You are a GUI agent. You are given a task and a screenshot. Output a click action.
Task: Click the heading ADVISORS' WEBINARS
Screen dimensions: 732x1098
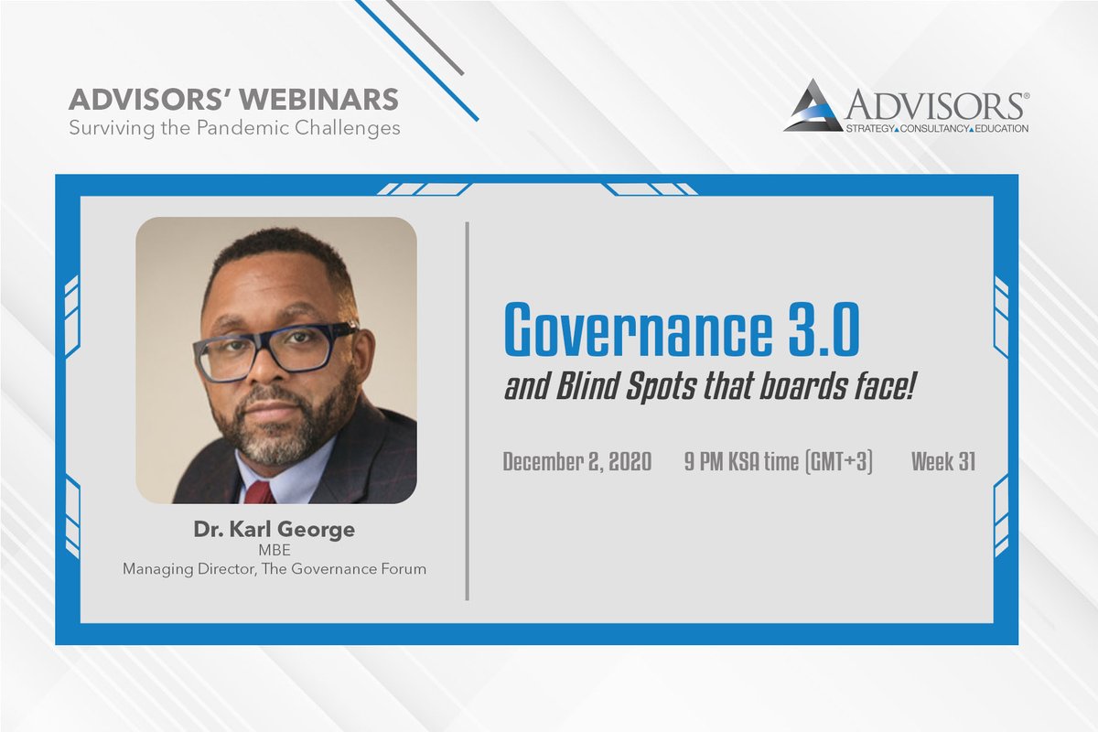(233, 99)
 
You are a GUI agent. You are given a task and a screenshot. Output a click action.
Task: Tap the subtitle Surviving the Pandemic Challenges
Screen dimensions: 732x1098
(234, 127)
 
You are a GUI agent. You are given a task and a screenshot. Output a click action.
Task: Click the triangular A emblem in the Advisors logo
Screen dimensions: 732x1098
(813, 105)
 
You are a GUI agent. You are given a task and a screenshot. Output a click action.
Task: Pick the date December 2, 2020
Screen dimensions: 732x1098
(576, 462)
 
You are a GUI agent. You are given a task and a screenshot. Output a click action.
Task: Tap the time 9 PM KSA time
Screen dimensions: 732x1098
(741, 462)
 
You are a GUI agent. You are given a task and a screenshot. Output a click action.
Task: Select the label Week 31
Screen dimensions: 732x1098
(942, 462)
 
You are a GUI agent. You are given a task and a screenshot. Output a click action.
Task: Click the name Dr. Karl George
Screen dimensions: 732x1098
(274, 530)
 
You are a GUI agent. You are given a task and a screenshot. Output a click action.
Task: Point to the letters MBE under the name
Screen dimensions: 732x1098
(274, 550)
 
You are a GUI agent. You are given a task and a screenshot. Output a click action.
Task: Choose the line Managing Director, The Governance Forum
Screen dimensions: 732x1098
(274, 569)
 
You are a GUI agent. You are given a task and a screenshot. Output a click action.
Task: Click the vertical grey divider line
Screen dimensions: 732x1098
(468, 412)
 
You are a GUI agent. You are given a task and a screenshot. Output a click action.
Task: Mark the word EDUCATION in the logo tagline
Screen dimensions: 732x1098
(999, 129)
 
